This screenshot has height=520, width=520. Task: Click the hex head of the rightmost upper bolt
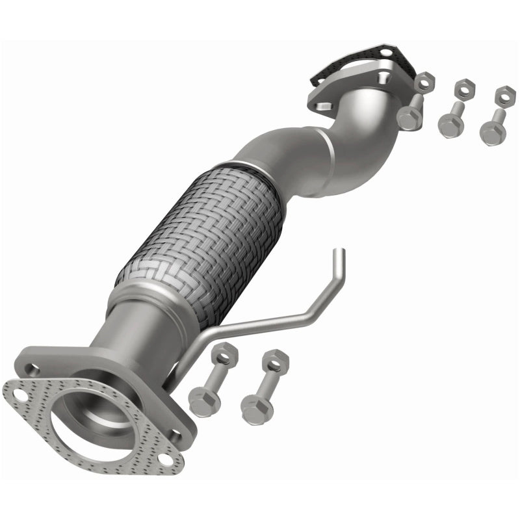(x=492, y=133)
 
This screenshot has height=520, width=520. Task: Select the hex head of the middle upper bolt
(x=450, y=125)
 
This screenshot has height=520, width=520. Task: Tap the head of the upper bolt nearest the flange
(x=409, y=117)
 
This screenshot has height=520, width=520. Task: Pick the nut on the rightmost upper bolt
(x=504, y=95)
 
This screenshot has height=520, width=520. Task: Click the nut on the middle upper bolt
(x=464, y=87)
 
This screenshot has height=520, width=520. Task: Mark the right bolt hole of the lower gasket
(x=166, y=460)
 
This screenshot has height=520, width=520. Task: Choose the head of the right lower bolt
(x=255, y=408)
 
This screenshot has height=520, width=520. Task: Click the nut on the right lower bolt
(x=276, y=359)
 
